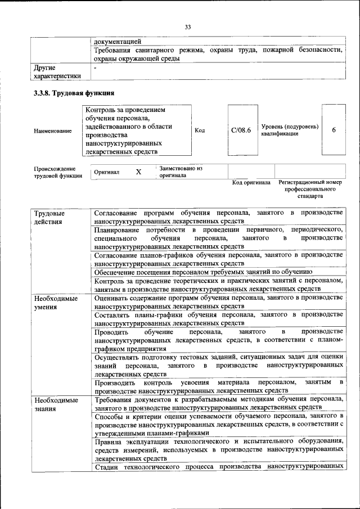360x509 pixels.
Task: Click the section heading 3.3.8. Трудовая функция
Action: [74, 93]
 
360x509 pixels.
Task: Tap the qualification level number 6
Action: [334, 130]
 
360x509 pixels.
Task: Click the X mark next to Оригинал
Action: [138, 172]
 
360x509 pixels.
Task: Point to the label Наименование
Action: [53, 131]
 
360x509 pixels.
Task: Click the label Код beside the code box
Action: [200, 130]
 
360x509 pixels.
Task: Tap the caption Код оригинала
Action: [251, 183]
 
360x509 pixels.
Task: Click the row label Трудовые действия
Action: [48, 218]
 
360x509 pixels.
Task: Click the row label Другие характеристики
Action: [56, 71]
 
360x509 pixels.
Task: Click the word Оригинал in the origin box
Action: [107, 172]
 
